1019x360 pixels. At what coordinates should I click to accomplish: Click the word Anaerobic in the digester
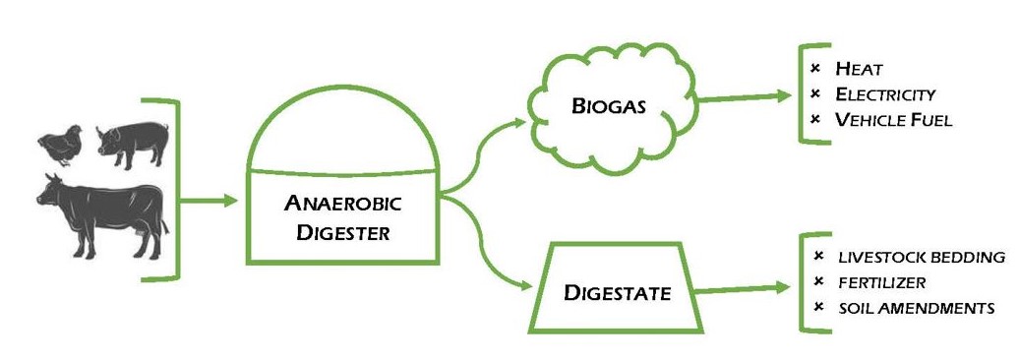coord(343,205)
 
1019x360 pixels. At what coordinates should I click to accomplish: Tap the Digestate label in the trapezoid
coord(618,293)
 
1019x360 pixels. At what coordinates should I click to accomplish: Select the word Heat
coord(859,69)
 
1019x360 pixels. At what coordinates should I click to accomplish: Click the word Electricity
coord(885,94)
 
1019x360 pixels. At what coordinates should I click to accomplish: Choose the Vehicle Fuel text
coord(893,120)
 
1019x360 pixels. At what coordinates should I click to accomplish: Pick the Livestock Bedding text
coord(922,258)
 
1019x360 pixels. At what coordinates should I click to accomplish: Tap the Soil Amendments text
coord(916,308)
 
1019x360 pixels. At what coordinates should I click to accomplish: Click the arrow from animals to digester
coord(210,202)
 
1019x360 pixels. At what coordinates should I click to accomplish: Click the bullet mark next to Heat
coord(814,69)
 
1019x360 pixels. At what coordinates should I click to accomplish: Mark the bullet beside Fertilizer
coord(818,283)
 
